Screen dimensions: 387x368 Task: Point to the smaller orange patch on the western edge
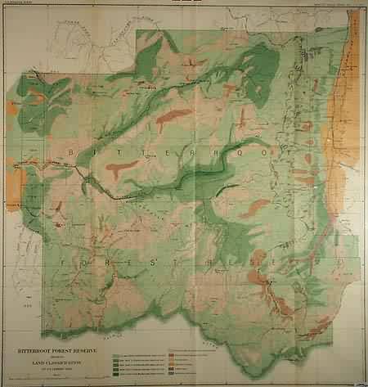coord(11,107)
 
